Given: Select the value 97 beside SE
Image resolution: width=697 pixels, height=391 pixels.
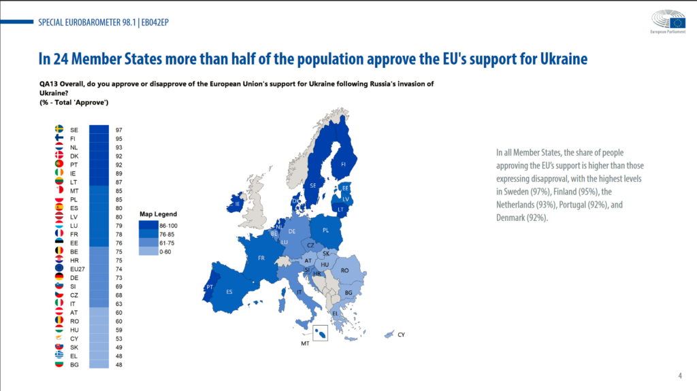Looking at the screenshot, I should [x=119, y=129].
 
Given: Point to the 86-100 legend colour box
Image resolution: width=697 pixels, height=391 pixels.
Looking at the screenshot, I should [x=149, y=224].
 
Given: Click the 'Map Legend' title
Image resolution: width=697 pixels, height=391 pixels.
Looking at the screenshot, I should [x=158, y=213].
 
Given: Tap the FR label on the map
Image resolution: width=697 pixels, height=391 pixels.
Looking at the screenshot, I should [x=261, y=258].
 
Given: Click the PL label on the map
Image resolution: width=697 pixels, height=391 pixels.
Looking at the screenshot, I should [x=326, y=230].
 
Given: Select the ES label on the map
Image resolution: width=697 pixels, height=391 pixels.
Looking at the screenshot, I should [x=229, y=292].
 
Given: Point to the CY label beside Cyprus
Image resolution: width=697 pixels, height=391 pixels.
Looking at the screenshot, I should [x=401, y=335].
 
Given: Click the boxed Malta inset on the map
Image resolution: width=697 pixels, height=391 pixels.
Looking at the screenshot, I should [x=319, y=333].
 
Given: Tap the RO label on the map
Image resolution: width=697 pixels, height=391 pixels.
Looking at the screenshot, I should [x=344, y=270].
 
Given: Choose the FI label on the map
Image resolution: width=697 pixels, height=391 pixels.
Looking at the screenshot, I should [x=343, y=164].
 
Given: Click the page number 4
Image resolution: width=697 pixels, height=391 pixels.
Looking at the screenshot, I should [x=680, y=376].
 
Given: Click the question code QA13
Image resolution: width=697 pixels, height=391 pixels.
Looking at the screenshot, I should [x=49, y=84].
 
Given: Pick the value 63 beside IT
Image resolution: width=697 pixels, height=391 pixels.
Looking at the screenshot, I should [x=119, y=303].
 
